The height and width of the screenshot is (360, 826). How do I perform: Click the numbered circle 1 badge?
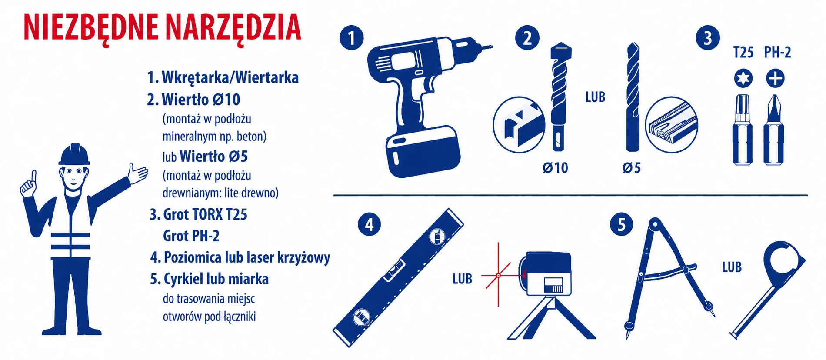[x=351, y=38]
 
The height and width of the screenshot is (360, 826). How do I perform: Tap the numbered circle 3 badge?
[x=707, y=38]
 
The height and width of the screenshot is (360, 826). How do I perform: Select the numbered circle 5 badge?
[x=621, y=225]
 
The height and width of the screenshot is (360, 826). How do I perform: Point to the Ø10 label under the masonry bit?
[x=555, y=168]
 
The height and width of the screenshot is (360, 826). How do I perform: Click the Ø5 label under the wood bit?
[x=631, y=168]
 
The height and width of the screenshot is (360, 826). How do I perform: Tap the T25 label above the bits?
[x=743, y=53]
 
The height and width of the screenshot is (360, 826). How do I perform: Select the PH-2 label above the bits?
[x=777, y=53]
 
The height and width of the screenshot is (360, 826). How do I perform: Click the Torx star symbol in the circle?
[x=743, y=79]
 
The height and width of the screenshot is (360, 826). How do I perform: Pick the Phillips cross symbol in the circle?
[x=775, y=79]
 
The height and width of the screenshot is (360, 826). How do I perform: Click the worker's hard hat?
[x=74, y=154]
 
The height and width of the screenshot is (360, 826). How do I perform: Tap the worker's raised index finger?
[x=33, y=176]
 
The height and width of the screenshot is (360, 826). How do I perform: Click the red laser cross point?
[x=498, y=275]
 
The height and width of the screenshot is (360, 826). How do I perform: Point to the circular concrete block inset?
[x=519, y=124]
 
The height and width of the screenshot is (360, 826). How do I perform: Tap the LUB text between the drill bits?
[x=595, y=97]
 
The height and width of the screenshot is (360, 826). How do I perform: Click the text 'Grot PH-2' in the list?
[x=191, y=236]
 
